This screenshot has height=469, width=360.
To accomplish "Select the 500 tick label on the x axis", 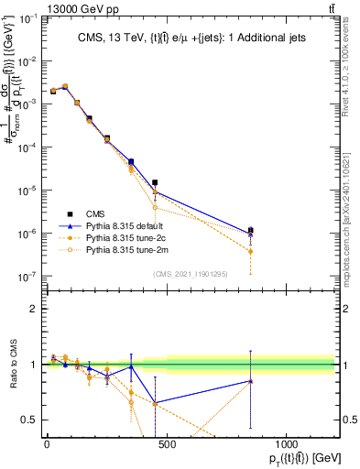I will tap(167, 444).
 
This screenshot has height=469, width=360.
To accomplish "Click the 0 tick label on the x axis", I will tap(47, 444).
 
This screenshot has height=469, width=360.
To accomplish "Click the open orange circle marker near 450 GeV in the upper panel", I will tap(155, 207).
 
